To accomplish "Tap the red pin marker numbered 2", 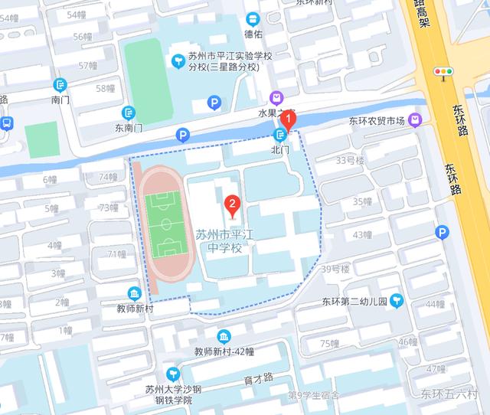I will [232, 204].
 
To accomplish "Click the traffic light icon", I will [443, 72].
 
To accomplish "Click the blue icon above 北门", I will [279, 136].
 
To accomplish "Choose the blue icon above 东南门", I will [128, 113].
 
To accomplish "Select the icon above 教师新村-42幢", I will [224, 337].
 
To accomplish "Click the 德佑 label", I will [253, 34].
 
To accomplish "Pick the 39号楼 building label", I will [335, 269].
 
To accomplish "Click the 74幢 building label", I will [108, 177].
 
